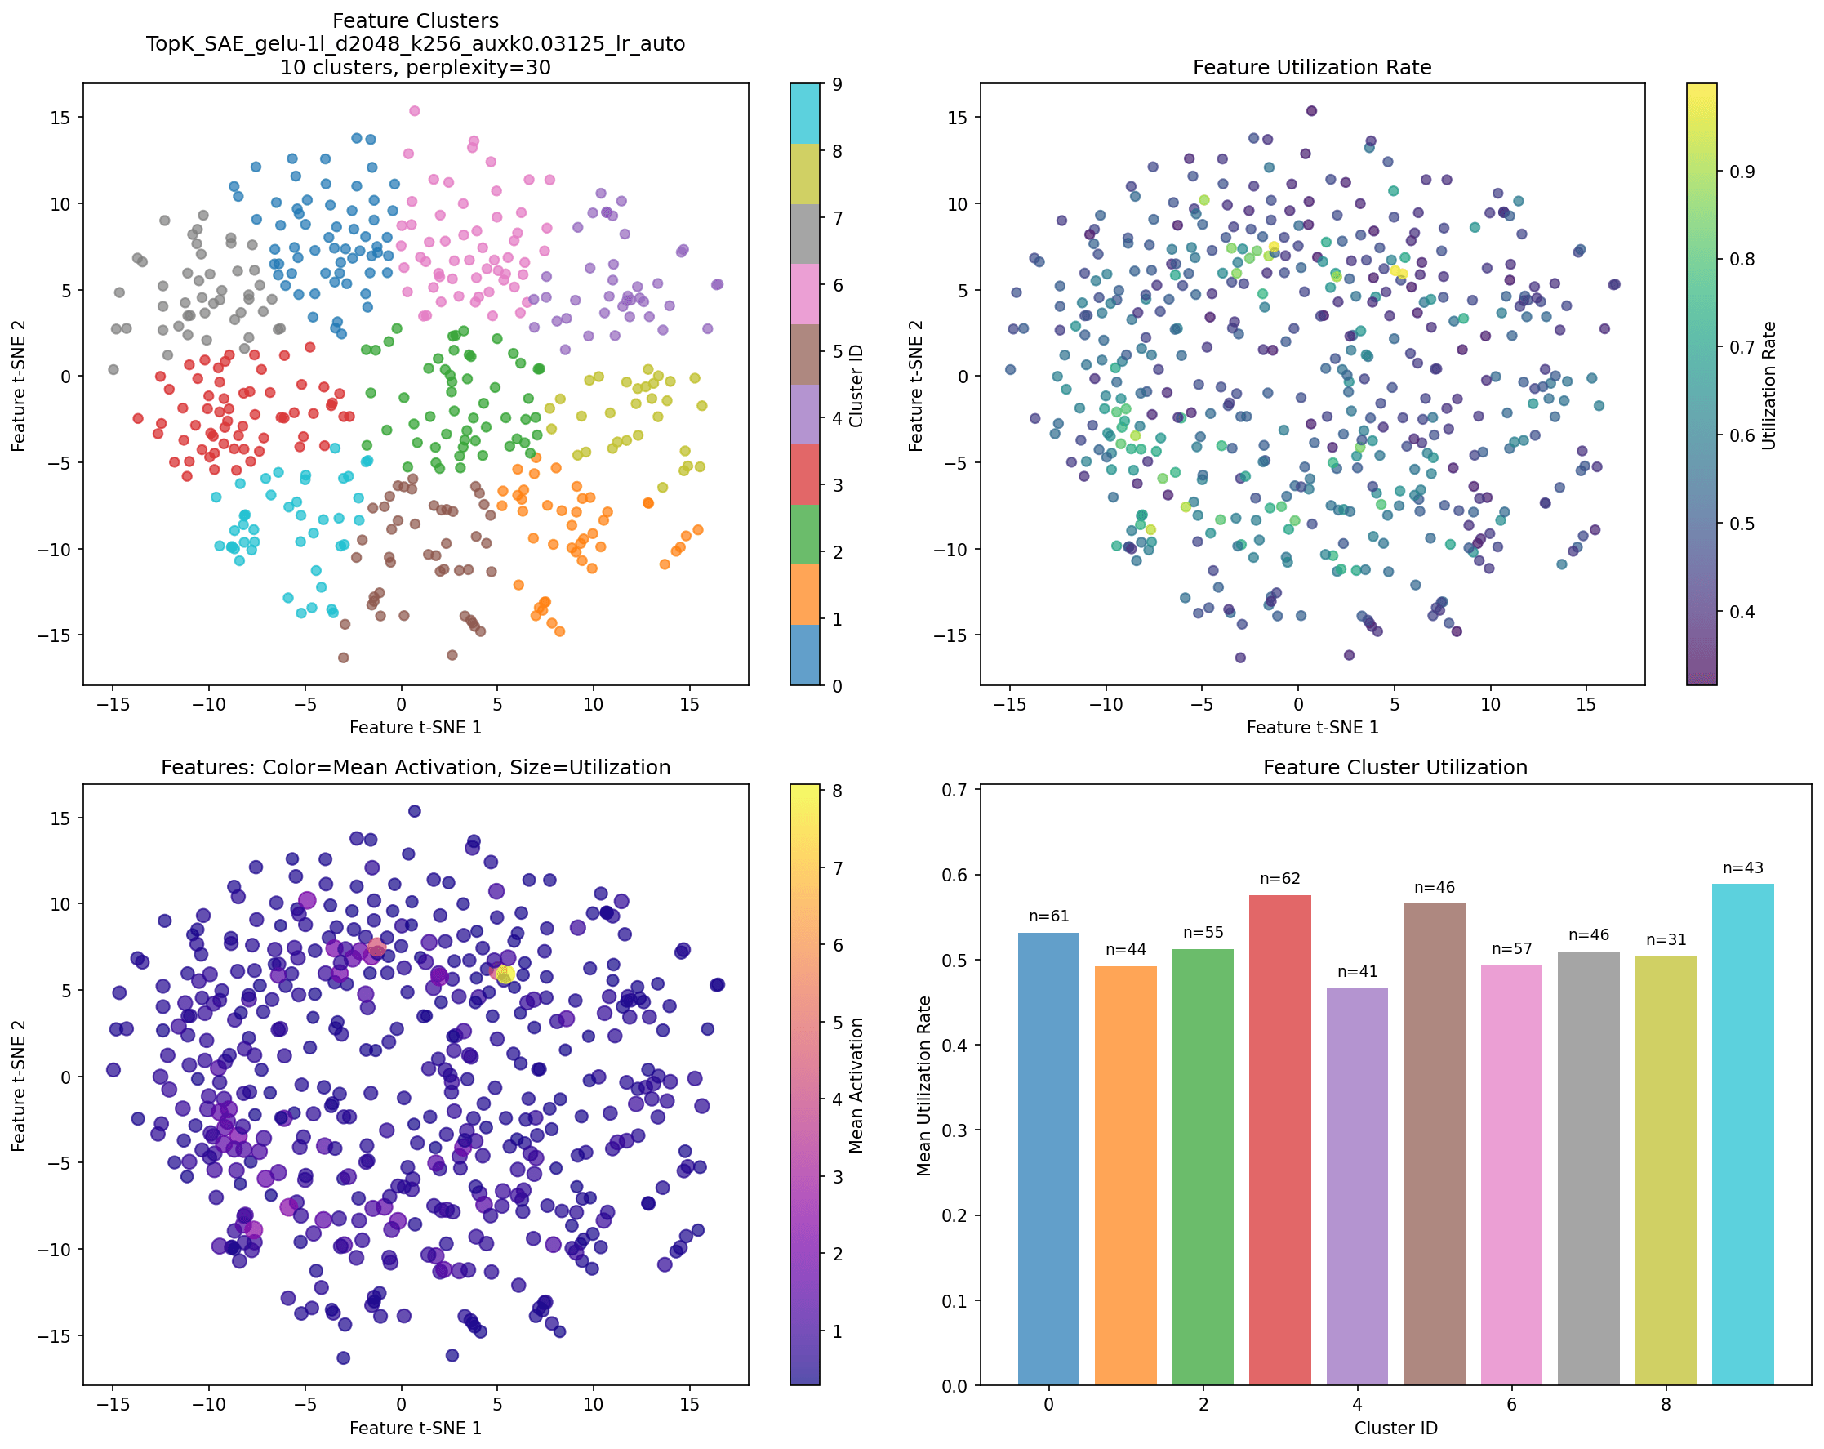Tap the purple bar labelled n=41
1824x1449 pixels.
[1356, 1185]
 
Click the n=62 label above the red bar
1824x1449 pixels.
[1279, 879]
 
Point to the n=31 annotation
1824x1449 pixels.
[1665, 939]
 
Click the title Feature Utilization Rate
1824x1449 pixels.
[1311, 67]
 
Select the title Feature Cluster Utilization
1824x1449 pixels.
[1395, 767]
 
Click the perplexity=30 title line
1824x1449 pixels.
[415, 67]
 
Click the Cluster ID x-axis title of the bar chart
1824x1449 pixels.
[1395, 1429]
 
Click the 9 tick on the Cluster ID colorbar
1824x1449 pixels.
[837, 84]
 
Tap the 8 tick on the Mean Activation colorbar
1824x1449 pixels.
[837, 791]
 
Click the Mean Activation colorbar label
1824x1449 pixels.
[856, 1085]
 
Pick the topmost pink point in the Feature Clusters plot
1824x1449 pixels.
[414, 111]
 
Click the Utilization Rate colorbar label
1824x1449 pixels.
[1768, 385]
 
